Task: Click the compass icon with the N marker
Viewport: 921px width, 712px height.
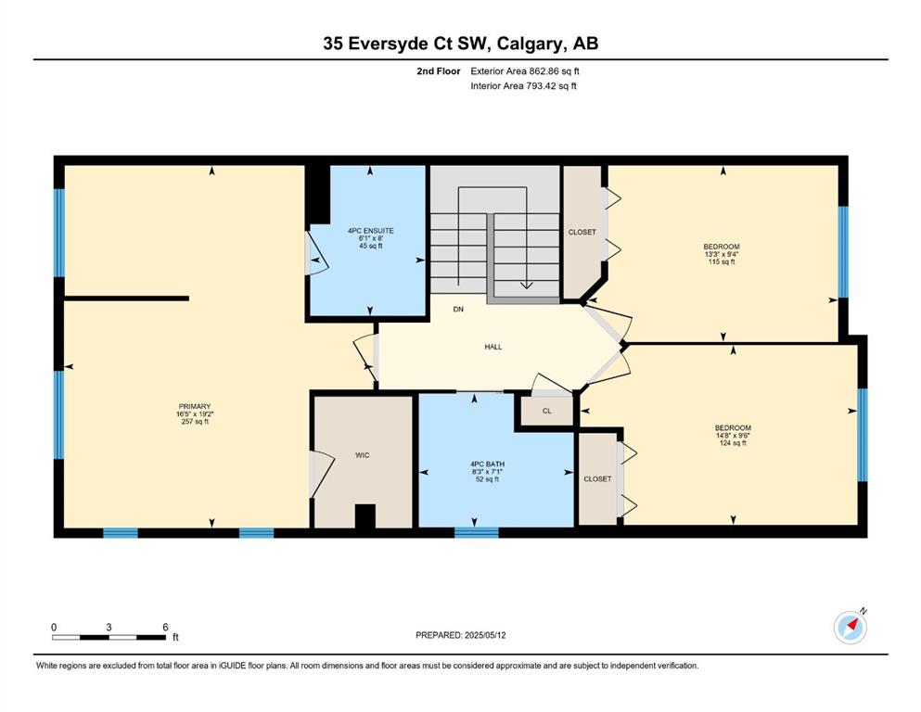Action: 850,628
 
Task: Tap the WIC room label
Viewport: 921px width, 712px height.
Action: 363,455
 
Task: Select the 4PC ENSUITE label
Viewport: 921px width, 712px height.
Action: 371,231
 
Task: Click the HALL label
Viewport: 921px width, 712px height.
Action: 493,347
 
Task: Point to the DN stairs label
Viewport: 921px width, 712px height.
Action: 458,309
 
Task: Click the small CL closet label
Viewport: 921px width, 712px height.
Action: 547,411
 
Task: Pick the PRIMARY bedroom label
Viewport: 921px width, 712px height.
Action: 195,406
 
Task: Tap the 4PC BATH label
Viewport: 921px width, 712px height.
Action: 488,464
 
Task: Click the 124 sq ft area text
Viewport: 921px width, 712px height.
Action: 733,443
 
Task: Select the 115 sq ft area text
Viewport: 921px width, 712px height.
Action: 722,261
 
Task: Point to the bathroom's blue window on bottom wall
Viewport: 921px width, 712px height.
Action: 477,532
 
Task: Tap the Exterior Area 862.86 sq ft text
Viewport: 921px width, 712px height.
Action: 525,71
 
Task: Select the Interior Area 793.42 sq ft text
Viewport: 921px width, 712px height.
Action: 523,85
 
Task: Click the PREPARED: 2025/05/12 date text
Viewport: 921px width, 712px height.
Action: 460,635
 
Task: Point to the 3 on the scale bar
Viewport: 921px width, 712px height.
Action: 109,627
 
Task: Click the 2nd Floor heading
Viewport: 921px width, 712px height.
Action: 438,71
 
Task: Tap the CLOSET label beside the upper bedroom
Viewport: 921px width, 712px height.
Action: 582,232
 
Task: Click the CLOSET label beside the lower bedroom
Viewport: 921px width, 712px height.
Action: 597,479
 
